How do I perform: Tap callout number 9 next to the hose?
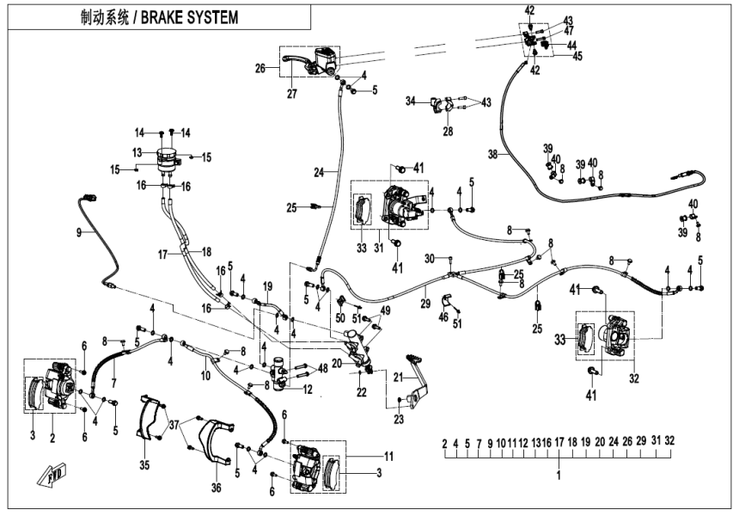[x=79, y=232]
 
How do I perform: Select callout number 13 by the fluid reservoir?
[x=137, y=151]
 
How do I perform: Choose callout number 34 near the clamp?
[x=411, y=101]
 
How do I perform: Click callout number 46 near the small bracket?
[x=444, y=317]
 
